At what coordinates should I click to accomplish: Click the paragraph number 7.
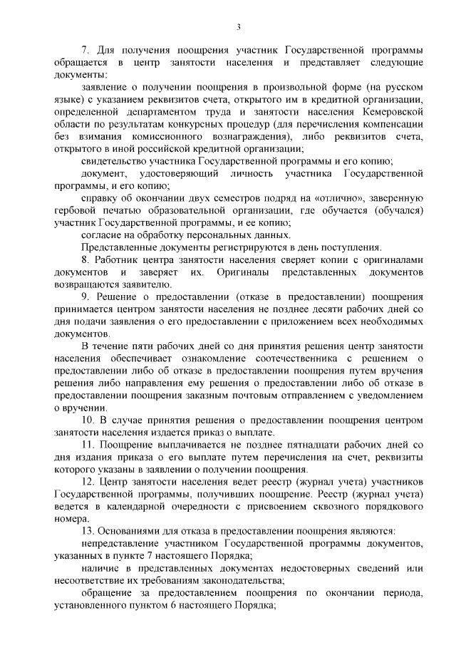(x=85, y=51)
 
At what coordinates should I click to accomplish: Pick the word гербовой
(x=73, y=211)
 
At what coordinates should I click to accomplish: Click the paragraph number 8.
(x=85, y=260)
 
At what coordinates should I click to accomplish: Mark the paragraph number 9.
(x=85, y=297)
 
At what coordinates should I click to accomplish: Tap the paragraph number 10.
(x=87, y=420)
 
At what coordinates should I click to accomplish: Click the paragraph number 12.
(x=87, y=482)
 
